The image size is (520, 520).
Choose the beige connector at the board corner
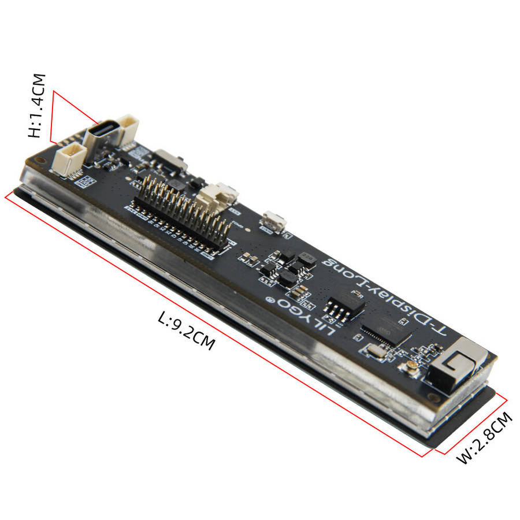coord(69,158)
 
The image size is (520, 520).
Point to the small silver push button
coord(274,221)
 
